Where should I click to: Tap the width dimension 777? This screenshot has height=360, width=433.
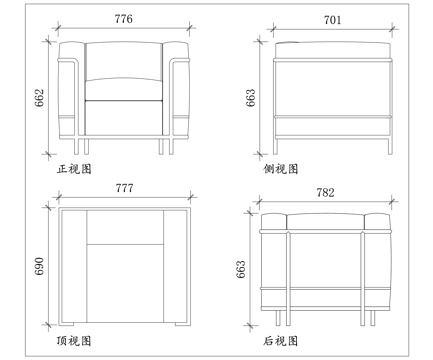point(123,188)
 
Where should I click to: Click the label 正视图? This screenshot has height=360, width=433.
point(75,169)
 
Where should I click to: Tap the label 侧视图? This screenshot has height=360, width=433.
point(279,169)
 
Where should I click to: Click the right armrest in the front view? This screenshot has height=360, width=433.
point(177,90)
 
